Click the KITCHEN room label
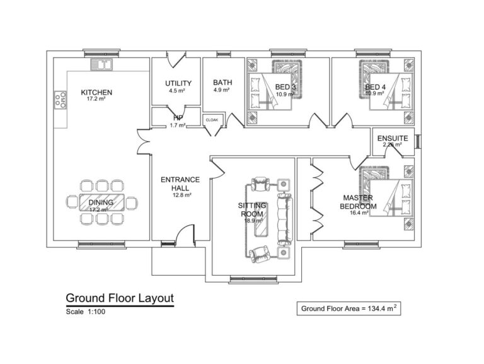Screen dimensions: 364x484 point(96,92)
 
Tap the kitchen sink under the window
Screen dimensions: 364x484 point(100,64)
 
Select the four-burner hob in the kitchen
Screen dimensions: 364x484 point(61,99)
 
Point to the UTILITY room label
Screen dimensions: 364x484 point(178,83)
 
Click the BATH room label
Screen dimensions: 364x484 point(222,83)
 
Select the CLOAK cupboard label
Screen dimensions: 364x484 point(211,119)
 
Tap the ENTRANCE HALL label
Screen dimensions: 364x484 point(180,184)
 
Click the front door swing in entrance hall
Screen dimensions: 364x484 point(183,234)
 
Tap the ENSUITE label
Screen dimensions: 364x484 point(392,138)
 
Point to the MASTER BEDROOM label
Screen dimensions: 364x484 point(357,202)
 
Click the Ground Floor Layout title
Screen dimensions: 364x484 point(120,298)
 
